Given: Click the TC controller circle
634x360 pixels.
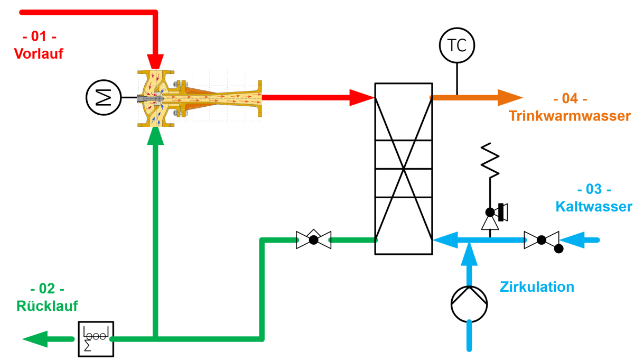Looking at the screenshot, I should pos(457,45).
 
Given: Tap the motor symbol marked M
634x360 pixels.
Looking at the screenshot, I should pos(104,98).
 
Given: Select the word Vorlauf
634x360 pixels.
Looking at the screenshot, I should pos(39,53).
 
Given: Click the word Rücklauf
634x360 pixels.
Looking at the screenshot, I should pos(48,306).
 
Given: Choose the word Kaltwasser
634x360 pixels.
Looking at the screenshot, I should pos(593,207).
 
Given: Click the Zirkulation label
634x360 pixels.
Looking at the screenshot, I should pos(537,287).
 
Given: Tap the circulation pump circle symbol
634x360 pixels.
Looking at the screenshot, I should pos(469,303).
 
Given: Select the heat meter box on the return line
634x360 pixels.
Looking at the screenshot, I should pos(96,338).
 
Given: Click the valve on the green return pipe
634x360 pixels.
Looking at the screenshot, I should pos(313,239).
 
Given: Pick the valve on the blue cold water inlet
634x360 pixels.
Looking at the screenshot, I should pos(542,240).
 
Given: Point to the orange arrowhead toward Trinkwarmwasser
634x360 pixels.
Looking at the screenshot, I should pos(509,97).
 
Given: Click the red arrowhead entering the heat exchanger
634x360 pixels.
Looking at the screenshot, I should pos(362,97).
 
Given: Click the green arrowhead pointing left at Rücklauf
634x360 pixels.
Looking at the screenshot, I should pos(35,338).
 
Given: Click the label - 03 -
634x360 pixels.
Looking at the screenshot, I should pos(594,189).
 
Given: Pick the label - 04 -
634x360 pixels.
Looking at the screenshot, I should pos(570,99).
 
